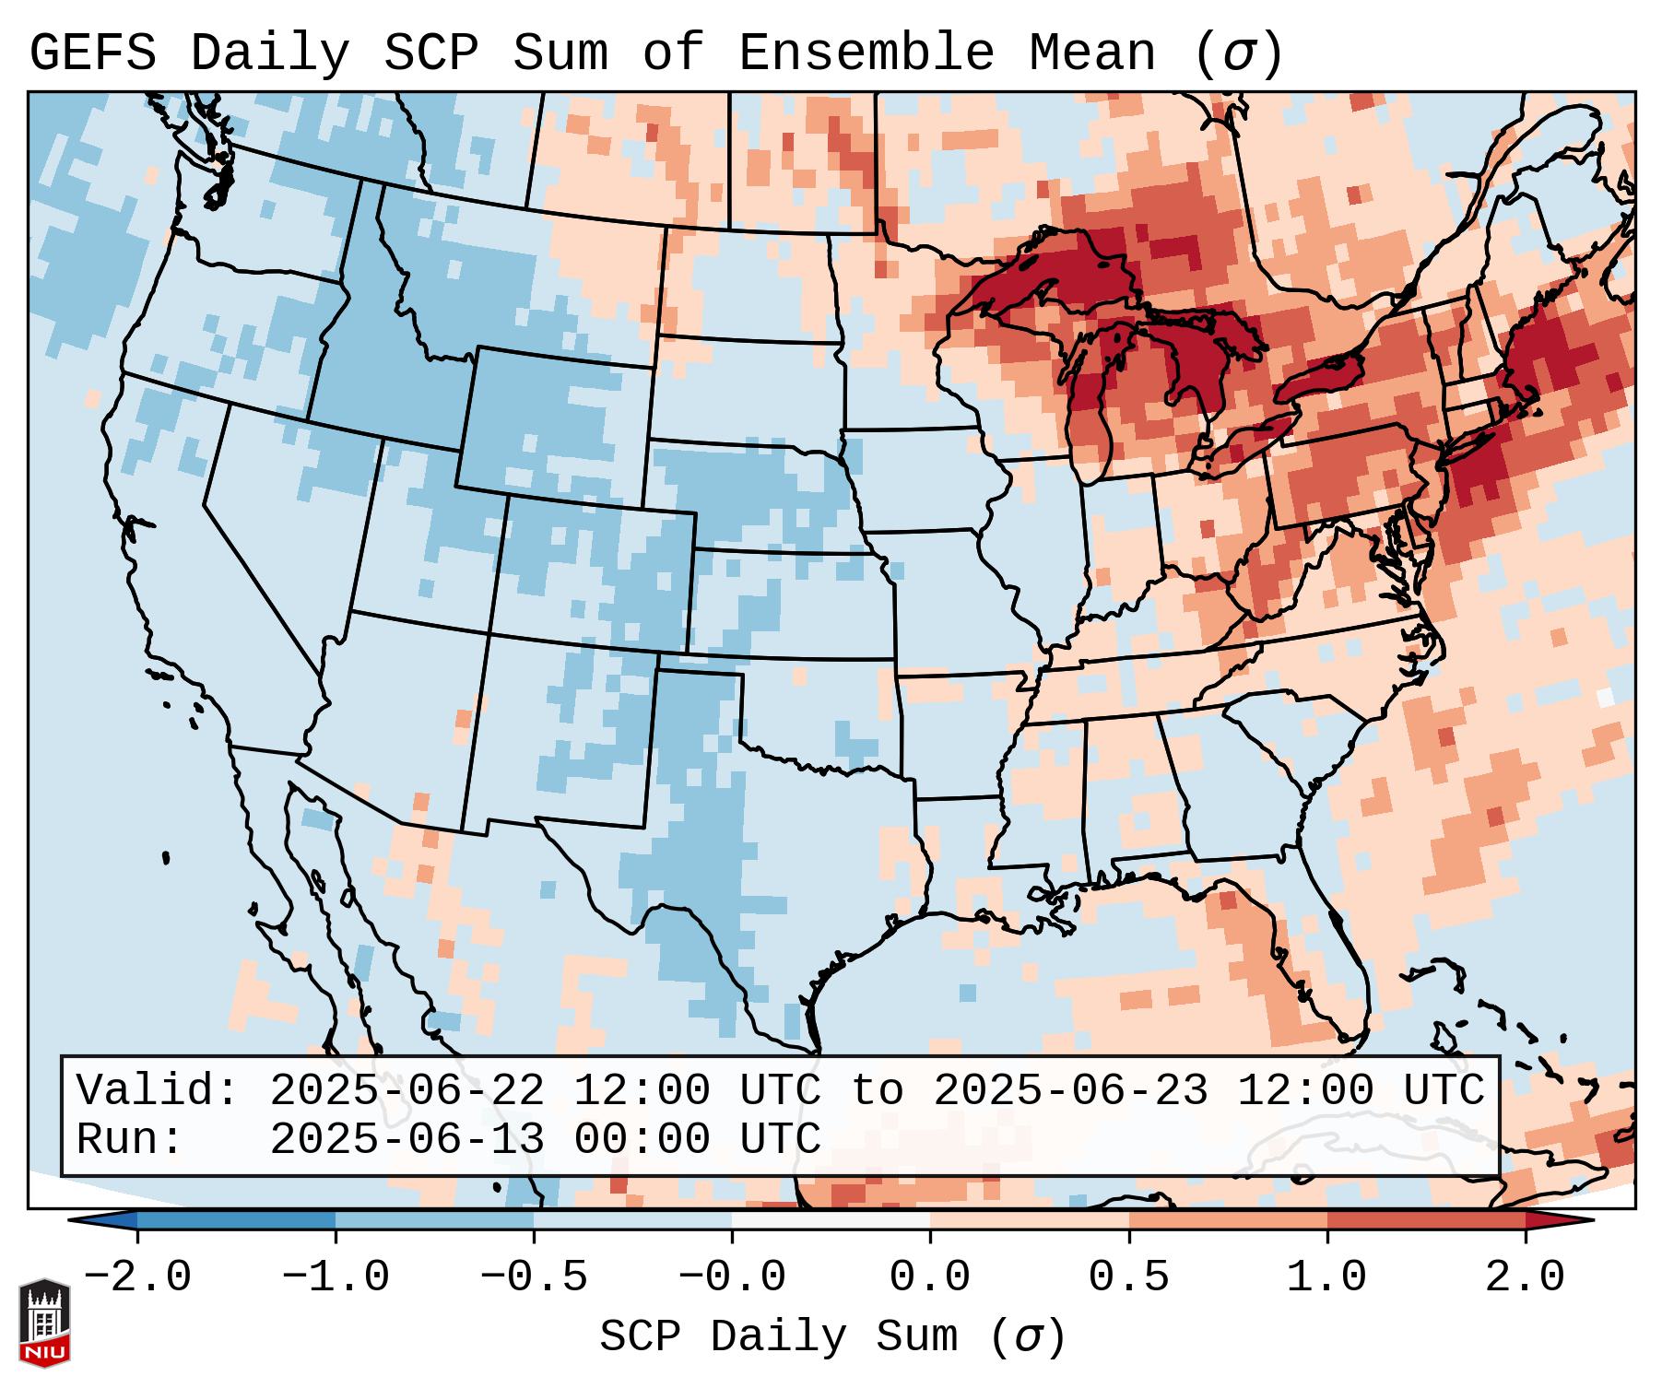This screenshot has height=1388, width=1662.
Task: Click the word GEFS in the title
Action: tap(92, 53)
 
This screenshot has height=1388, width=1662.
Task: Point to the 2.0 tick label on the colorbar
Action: tap(1526, 1277)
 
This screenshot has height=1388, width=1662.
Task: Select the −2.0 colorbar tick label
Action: tap(137, 1277)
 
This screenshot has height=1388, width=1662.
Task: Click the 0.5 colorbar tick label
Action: tap(1129, 1277)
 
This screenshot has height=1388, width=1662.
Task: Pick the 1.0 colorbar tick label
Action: tap(1327, 1277)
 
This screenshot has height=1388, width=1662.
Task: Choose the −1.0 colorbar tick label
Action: tap(336, 1277)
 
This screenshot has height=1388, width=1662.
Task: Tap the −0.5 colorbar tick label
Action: tap(534, 1277)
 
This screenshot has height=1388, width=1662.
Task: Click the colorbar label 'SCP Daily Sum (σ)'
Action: tap(832, 1336)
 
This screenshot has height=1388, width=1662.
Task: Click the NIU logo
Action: tap(44, 1323)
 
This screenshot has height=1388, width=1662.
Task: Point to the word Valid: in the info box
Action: tap(158, 1090)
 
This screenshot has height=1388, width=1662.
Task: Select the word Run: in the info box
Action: tap(130, 1139)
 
